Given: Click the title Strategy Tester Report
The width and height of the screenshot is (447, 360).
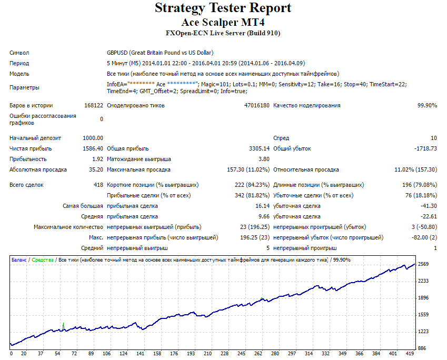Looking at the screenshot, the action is pyautogui.click(x=223, y=8).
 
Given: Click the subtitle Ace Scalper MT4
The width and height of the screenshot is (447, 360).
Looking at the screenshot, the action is pyautogui.click(x=223, y=22).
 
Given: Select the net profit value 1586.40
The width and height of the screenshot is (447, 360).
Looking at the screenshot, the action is pyautogui.click(x=93, y=148).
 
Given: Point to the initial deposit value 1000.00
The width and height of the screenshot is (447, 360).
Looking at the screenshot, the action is pyautogui.click(x=93, y=138).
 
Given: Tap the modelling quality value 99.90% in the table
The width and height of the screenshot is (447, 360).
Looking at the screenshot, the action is pyautogui.click(x=428, y=105).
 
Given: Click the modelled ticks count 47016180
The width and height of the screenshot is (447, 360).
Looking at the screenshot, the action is pyautogui.click(x=256, y=105).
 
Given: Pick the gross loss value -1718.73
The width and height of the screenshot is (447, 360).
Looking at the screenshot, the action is pyautogui.click(x=425, y=148).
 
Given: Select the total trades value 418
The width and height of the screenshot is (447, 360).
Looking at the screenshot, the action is pyautogui.click(x=98, y=185).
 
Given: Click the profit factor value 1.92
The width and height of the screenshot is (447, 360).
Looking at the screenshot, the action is pyautogui.click(x=98, y=159).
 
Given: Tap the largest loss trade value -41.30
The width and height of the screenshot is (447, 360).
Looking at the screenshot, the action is pyautogui.click(x=429, y=206).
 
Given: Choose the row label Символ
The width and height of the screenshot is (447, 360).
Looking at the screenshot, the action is pyautogui.click(x=19, y=53).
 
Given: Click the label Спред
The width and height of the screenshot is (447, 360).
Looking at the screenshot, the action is pyautogui.click(x=281, y=138).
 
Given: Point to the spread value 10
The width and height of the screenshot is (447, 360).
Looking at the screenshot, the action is pyautogui.click(x=434, y=138).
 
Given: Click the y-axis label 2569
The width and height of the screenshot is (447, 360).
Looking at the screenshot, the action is pyautogui.click(x=423, y=264).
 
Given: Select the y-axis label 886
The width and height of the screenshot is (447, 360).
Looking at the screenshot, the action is pyautogui.click(x=422, y=348).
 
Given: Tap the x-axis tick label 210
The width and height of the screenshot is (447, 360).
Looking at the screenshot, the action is pyautogui.click(x=207, y=354).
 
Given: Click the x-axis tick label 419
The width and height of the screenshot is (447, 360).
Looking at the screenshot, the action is pyautogui.click(x=410, y=354).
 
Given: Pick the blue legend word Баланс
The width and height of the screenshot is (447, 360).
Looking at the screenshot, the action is pyautogui.click(x=19, y=260).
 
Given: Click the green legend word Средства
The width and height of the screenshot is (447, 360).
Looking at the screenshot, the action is pyautogui.click(x=43, y=260).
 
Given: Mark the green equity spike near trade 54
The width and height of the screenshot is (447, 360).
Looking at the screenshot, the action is pyautogui.click(x=63, y=326).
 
